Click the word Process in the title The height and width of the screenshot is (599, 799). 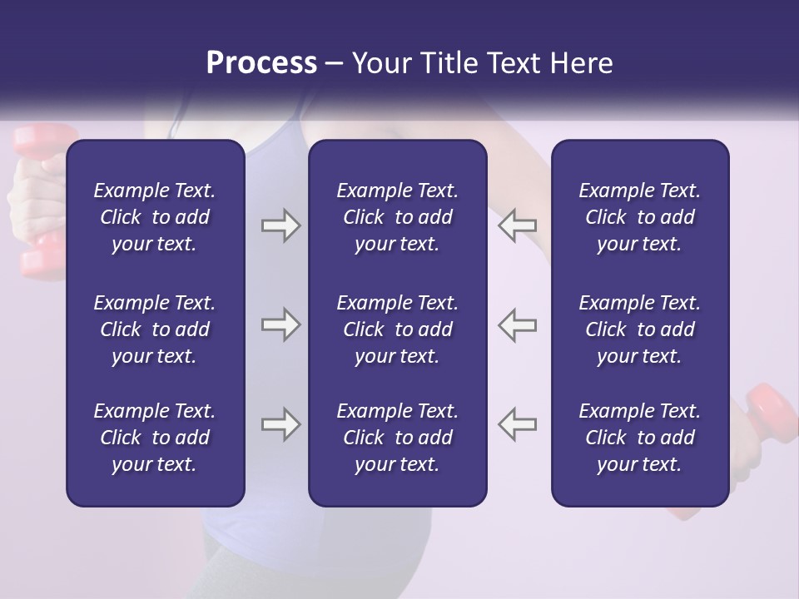click(261, 63)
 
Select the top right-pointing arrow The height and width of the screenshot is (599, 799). click(280, 225)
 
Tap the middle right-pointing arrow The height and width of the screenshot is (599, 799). click(280, 324)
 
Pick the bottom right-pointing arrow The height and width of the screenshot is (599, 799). click(280, 424)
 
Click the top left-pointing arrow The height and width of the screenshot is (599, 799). click(517, 225)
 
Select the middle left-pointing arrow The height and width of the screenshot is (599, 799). click(517, 324)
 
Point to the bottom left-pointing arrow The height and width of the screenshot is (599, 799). click(517, 424)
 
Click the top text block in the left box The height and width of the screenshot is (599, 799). click(155, 217)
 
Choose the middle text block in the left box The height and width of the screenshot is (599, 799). click(155, 329)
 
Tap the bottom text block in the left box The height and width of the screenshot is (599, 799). click(155, 438)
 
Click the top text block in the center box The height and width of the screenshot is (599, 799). click(397, 217)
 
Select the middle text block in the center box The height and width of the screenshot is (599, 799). click(397, 329)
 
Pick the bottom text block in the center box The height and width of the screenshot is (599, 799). click(397, 438)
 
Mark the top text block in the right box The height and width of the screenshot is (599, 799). click(639, 217)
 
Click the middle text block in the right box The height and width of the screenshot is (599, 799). click(639, 329)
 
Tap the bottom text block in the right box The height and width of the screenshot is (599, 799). click(639, 438)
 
